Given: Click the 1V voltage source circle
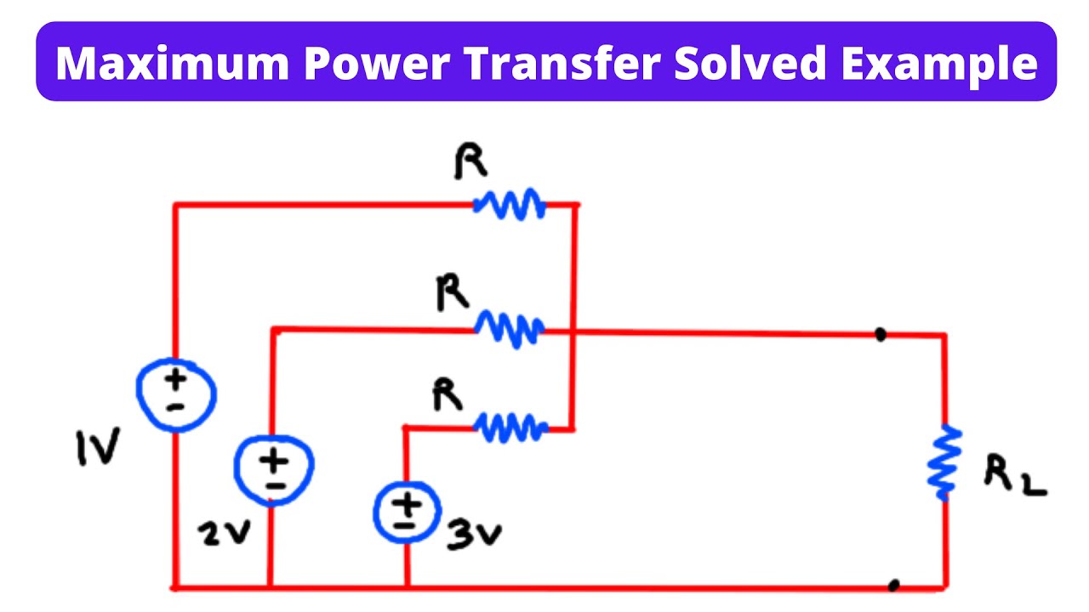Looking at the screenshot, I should point(176,393).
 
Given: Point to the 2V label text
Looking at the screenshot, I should point(223,533).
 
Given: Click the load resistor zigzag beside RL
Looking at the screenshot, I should point(944,463).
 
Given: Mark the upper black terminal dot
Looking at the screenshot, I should point(881,335).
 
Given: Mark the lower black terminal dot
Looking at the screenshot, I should point(893,585).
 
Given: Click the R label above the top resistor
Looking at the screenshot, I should point(470,161).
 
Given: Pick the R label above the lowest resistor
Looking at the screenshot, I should point(448,394).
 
